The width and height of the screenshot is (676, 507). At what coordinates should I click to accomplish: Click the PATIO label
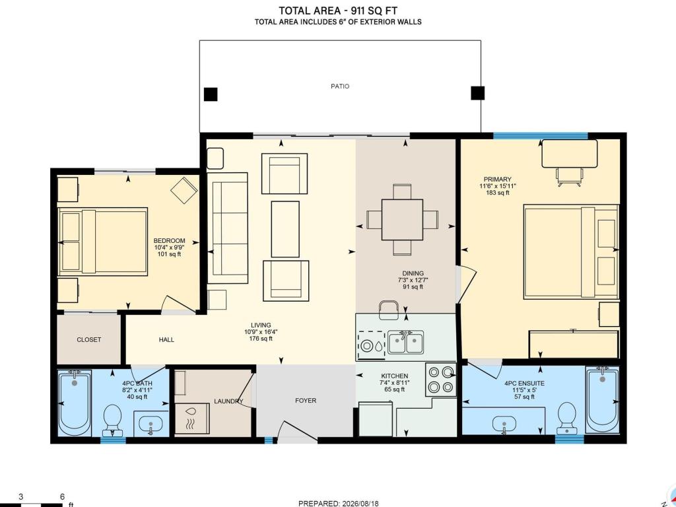pyautogui.click(x=340, y=86)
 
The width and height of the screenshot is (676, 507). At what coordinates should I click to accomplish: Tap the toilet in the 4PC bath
pyautogui.click(x=113, y=420)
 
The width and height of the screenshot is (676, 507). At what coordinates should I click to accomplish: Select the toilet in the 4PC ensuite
pyautogui.click(x=566, y=418)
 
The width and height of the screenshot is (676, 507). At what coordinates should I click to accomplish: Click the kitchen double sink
pyautogui.click(x=406, y=343)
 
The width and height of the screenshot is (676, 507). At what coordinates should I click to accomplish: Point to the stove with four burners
pyautogui.click(x=440, y=380)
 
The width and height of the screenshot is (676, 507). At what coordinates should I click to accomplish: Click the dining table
pyautogui.click(x=402, y=219)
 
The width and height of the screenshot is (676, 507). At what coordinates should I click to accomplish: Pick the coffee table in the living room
pyautogui.click(x=285, y=229)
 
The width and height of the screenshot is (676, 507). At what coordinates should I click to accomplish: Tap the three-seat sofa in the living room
pyautogui.click(x=228, y=228)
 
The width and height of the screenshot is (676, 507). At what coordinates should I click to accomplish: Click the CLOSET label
pyautogui.click(x=89, y=340)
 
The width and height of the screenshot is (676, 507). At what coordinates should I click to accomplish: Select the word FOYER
pyautogui.click(x=306, y=401)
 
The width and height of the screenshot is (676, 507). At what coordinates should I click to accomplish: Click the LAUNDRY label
pyautogui.click(x=228, y=401)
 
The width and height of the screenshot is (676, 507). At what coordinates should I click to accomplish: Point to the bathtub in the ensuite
pyautogui.click(x=602, y=400)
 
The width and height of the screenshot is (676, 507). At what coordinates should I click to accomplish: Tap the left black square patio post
pyautogui.click(x=211, y=94)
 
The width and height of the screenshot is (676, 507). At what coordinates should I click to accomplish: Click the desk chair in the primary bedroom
pyautogui.click(x=570, y=177)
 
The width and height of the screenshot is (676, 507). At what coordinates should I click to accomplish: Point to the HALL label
pyautogui.click(x=166, y=340)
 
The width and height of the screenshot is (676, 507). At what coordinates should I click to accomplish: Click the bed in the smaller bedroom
pyautogui.click(x=102, y=242)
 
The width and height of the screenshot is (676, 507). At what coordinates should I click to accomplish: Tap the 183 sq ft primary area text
pyautogui.click(x=498, y=193)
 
